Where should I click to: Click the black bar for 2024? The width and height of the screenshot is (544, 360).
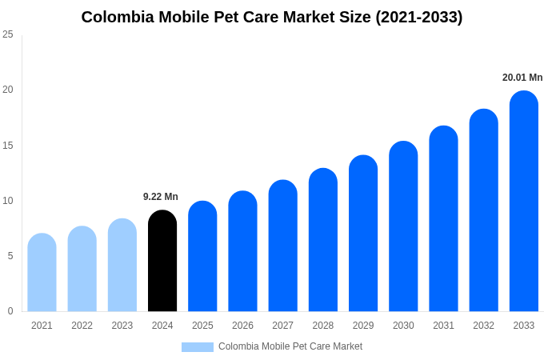point(162,261)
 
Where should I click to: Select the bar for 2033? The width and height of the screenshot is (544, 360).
point(523,201)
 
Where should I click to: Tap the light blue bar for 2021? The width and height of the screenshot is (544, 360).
point(42,273)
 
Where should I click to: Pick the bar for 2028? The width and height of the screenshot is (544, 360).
point(322,240)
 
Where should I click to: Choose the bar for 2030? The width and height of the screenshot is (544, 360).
point(403,226)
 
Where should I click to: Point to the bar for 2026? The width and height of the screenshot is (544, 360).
point(242,251)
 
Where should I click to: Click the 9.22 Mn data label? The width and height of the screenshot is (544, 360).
point(161,197)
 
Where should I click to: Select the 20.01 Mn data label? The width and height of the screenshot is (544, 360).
point(522,78)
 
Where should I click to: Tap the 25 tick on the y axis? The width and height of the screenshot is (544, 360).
point(8,34)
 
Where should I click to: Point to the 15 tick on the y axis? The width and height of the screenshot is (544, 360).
point(8,145)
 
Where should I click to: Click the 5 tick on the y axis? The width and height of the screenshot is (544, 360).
point(10,256)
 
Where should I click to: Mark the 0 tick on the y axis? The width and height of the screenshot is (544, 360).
point(10,311)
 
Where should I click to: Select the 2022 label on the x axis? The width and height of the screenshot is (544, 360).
point(82,326)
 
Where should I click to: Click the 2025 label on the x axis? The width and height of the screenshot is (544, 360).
point(202,326)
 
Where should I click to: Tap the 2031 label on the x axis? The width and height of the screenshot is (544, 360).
point(443,326)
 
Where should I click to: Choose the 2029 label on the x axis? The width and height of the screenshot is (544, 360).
point(363,326)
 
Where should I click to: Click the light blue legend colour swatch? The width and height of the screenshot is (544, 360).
point(197,347)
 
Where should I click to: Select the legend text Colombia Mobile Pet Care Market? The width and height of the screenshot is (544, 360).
point(290,346)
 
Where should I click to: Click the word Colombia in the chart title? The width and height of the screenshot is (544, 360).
point(117,17)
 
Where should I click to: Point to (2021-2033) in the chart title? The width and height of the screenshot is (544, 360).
point(418,17)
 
